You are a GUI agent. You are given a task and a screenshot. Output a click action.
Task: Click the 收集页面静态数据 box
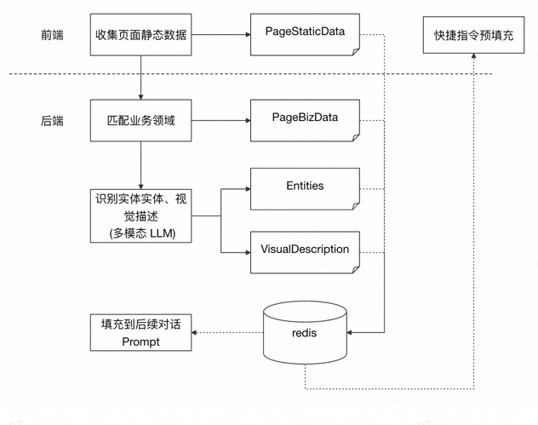click(140, 35)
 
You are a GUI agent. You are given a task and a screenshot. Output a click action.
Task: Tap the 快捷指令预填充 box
click(473, 35)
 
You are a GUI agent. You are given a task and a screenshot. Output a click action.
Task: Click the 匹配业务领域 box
click(140, 120)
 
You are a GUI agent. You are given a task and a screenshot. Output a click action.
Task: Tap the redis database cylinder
click(305, 331)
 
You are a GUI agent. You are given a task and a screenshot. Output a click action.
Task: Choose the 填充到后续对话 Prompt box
click(140, 332)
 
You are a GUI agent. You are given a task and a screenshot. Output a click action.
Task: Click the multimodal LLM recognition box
click(140, 215)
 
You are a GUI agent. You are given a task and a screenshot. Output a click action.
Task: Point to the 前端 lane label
click(52, 35)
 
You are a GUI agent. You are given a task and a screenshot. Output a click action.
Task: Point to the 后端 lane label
click(52, 121)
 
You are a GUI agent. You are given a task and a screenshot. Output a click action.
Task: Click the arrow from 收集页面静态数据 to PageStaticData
click(220, 35)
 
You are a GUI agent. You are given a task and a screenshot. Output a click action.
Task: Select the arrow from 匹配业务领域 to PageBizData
click(220, 120)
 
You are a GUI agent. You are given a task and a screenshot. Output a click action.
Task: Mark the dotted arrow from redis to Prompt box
click(227, 332)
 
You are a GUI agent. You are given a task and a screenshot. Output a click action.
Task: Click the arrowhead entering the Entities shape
click(247, 188)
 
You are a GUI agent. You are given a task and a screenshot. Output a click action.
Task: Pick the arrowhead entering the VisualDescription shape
click(247, 252)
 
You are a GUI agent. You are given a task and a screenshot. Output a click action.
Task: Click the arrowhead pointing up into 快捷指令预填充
click(473, 57)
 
